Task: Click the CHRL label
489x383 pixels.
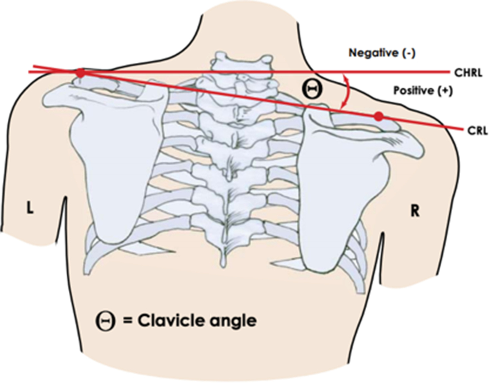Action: [x=468, y=73]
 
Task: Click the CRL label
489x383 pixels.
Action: [x=477, y=130]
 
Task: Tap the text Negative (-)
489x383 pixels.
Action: [x=382, y=53]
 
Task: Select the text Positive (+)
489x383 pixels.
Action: [x=423, y=90]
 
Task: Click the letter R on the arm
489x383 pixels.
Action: [x=414, y=211]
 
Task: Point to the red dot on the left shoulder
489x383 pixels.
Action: [x=81, y=73]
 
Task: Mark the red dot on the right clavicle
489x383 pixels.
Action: [x=378, y=116]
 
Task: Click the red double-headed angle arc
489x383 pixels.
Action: [x=348, y=91]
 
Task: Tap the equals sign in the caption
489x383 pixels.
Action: [x=128, y=321]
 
